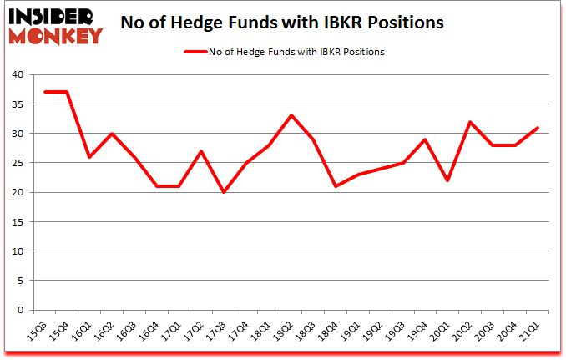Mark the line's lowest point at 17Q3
[x=224, y=192]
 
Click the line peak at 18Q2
[x=291, y=115]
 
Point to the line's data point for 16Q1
[x=88, y=156]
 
